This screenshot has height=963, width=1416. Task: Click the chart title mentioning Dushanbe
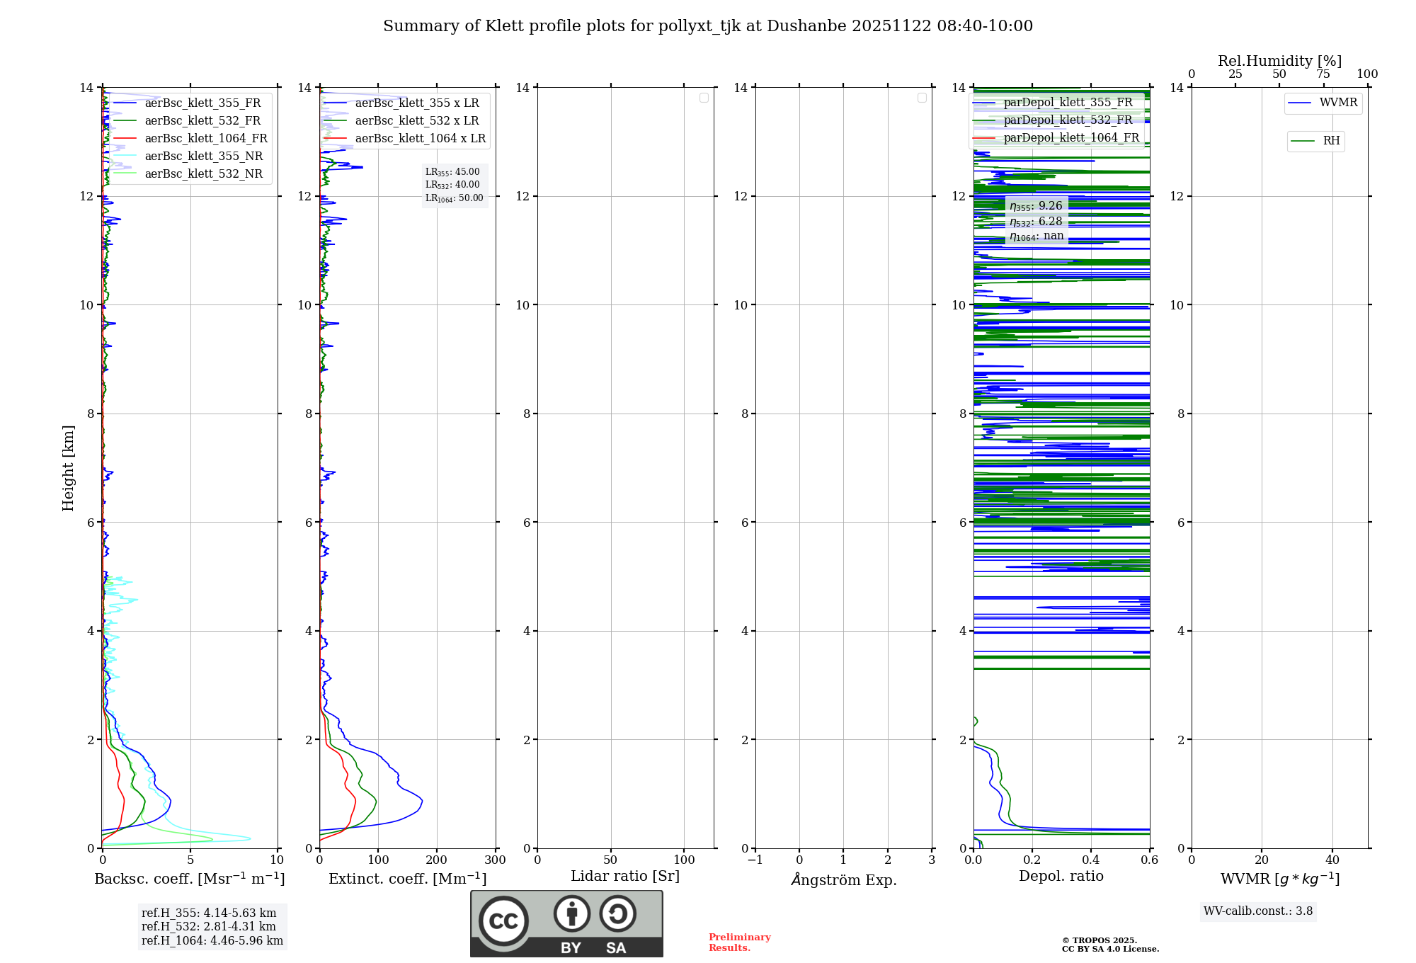tap(708, 26)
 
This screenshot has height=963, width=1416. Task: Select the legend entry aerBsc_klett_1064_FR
tap(205, 139)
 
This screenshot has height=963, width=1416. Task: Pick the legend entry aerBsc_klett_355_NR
tap(203, 156)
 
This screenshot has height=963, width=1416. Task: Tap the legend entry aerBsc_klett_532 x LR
tap(416, 121)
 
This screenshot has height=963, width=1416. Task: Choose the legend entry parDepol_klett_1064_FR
tap(1070, 138)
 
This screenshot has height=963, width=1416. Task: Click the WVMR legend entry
tap(1337, 103)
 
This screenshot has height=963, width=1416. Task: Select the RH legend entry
tap(1330, 141)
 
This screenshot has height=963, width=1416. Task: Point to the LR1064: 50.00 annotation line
tap(454, 198)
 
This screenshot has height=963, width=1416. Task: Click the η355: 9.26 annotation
tap(1036, 206)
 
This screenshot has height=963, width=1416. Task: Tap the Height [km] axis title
tap(68, 468)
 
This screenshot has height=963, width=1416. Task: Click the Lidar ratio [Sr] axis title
tap(625, 877)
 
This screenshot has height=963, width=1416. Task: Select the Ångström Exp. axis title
tap(843, 879)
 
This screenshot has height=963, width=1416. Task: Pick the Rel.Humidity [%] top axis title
tap(1279, 61)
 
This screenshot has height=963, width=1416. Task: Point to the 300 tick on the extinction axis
tap(495, 860)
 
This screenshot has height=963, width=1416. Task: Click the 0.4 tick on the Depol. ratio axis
tap(1090, 860)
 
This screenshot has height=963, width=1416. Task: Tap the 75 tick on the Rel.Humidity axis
tap(1323, 74)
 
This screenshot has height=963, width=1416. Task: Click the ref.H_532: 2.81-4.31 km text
tap(209, 927)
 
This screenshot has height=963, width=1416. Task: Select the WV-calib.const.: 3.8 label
tap(1257, 911)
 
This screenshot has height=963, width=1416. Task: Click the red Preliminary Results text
tap(739, 942)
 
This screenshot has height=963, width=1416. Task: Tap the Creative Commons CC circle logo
tap(503, 921)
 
